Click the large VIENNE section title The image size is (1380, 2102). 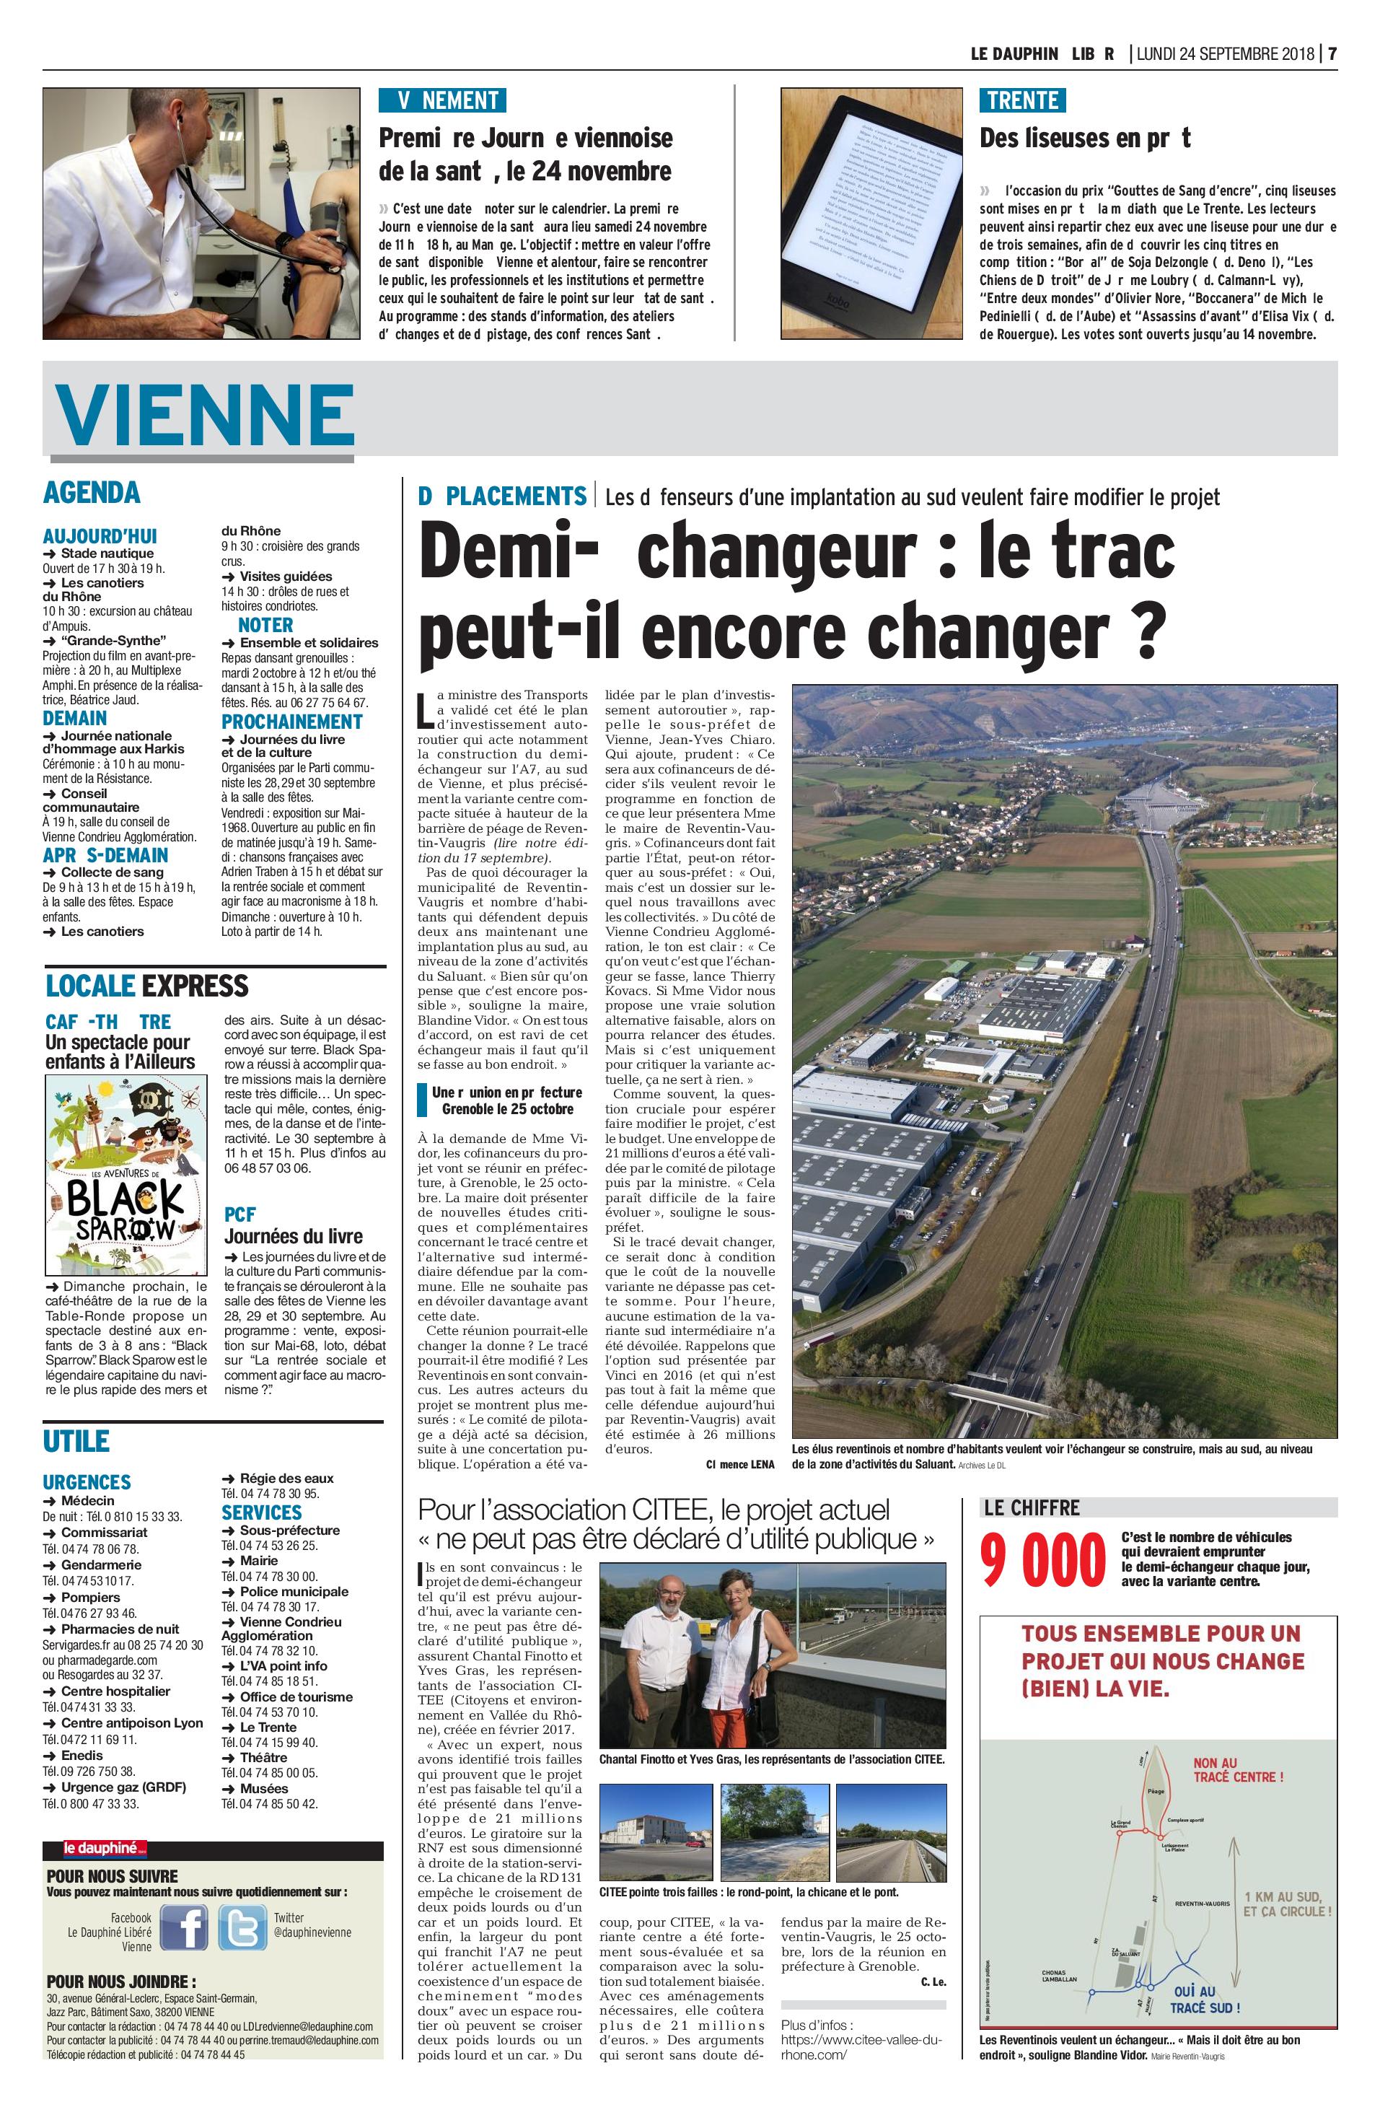point(205,415)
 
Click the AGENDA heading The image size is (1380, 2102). point(92,492)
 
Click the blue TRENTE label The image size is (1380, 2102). point(1022,100)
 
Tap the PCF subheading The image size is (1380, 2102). point(239,1214)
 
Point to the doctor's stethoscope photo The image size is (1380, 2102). point(201,213)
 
